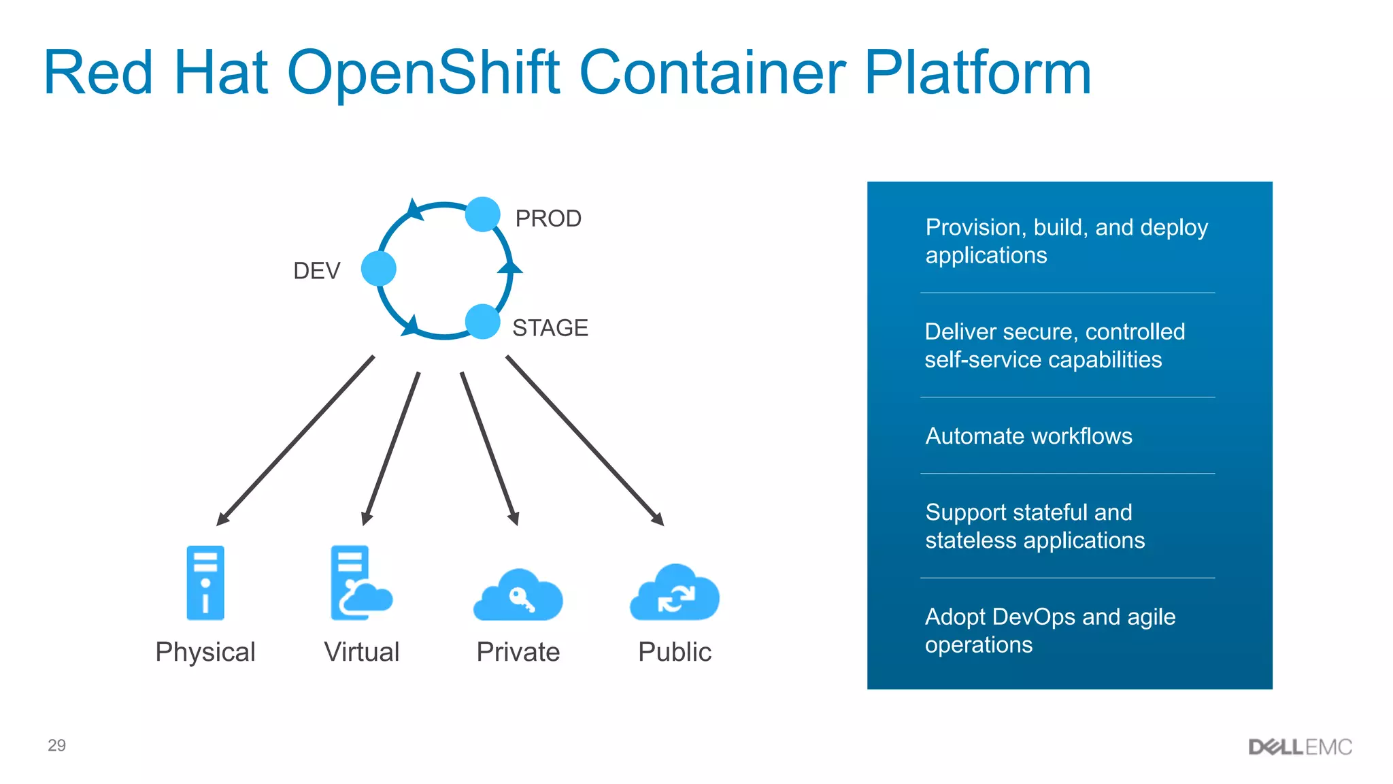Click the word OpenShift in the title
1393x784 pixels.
click(423, 73)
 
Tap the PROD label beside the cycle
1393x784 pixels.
click(548, 218)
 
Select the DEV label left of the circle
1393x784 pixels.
click(316, 271)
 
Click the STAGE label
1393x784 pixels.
click(550, 328)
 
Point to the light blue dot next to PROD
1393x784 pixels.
click(483, 214)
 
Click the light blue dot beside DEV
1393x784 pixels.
click(379, 268)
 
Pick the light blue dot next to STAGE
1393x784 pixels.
click(483, 321)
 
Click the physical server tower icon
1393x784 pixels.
click(205, 583)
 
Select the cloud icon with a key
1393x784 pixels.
click(518, 596)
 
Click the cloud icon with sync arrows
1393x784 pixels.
click(675, 594)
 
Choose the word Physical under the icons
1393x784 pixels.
click(205, 652)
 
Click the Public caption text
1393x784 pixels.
click(675, 652)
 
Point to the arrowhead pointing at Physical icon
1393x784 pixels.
click(222, 519)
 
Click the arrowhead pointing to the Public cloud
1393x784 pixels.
click(658, 519)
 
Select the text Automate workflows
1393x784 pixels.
click(1028, 436)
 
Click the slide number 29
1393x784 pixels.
click(56, 745)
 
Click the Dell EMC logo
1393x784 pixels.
click(1300, 747)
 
